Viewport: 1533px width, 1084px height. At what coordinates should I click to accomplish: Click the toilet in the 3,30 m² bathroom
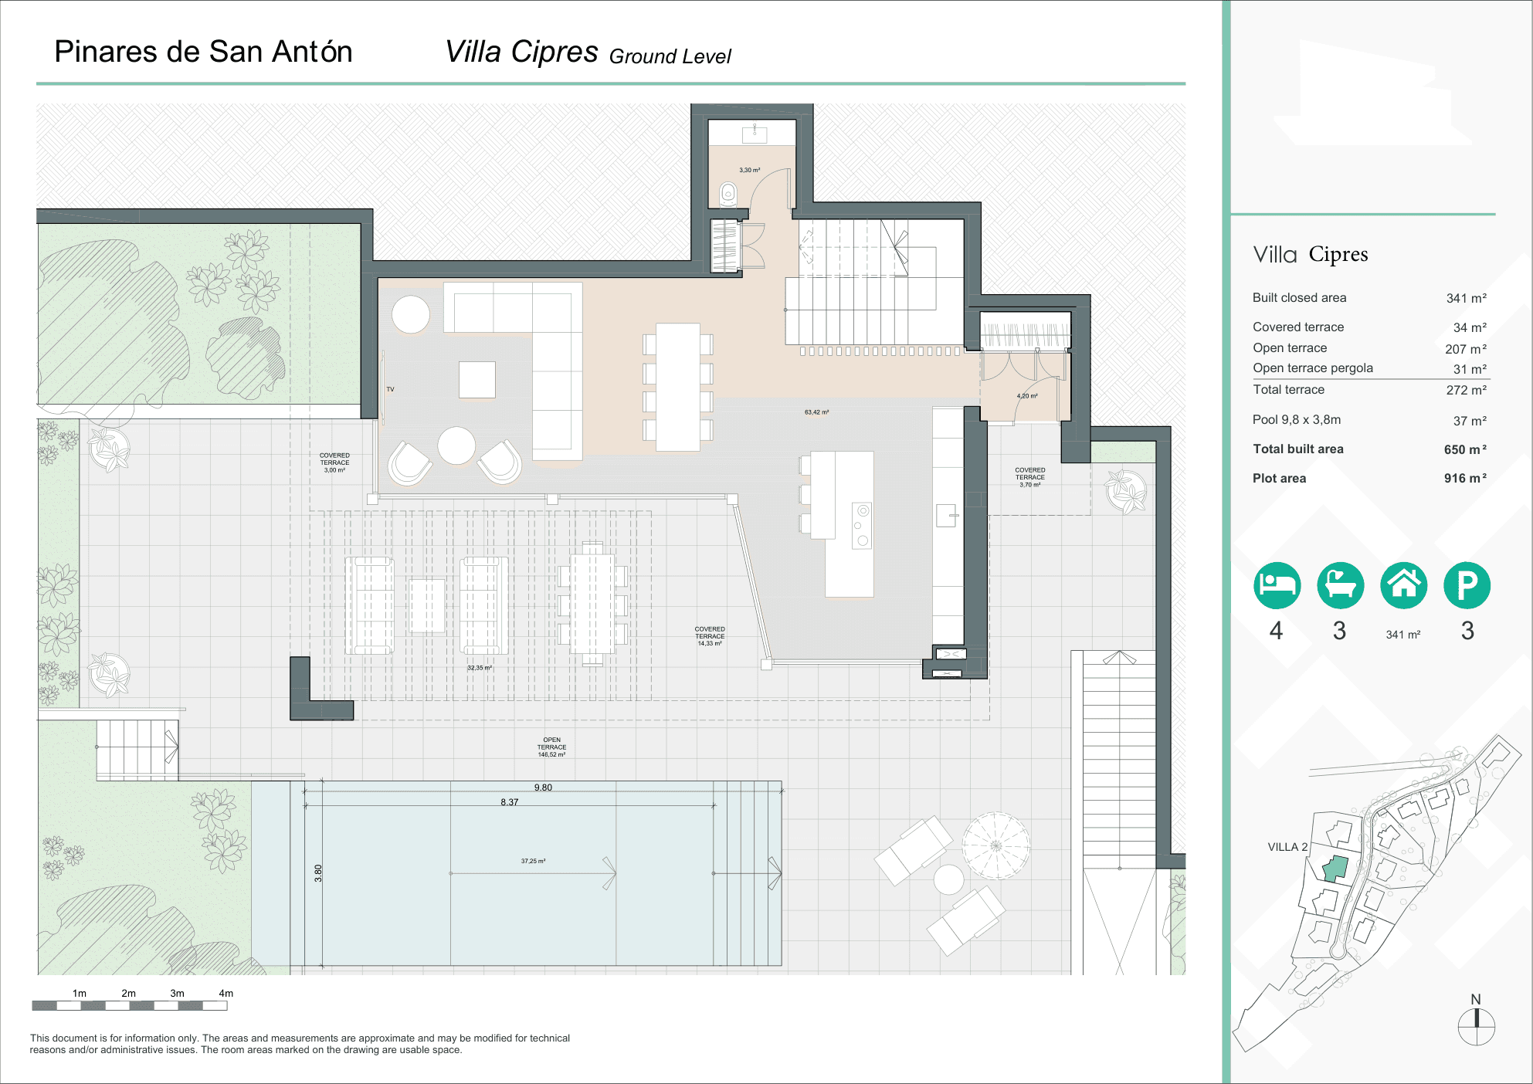click(728, 194)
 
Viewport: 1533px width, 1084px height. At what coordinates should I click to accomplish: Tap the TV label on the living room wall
click(390, 389)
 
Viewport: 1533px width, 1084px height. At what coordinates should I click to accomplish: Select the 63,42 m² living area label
click(816, 412)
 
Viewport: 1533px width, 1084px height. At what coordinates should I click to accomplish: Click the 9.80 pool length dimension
click(543, 788)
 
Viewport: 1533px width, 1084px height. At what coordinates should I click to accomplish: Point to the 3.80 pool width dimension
click(318, 872)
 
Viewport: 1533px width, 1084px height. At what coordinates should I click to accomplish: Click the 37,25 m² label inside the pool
click(533, 861)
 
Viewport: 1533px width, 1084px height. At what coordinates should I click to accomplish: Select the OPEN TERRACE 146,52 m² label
click(551, 747)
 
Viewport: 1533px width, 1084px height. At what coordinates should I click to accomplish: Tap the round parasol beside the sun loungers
click(996, 845)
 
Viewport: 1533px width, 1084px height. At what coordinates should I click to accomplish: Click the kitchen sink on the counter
click(946, 515)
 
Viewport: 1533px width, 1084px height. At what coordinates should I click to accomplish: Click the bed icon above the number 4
click(1277, 585)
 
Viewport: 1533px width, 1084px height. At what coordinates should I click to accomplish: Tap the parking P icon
click(1467, 585)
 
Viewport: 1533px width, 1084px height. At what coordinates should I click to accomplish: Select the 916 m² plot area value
click(1464, 478)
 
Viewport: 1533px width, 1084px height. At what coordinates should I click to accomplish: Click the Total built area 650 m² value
click(1464, 449)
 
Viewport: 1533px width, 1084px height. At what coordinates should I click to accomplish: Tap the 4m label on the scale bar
click(226, 993)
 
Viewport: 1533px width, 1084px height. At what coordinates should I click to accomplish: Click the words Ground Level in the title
click(670, 56)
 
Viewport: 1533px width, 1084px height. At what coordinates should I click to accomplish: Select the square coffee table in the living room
click(477, 380)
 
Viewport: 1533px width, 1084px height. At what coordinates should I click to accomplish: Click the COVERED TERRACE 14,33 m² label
click(710, 636)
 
